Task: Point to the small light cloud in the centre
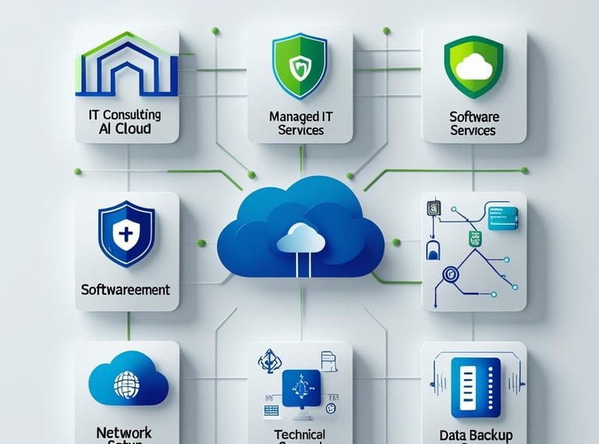coord(300,234)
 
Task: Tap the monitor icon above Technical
coord(300,384)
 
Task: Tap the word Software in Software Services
coord(473,116)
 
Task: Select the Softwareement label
coord(126,289)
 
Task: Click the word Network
coord(124,432)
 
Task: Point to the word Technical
coord(300,435)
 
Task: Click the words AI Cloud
coord(126,129)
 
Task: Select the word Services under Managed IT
coord(300,130)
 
